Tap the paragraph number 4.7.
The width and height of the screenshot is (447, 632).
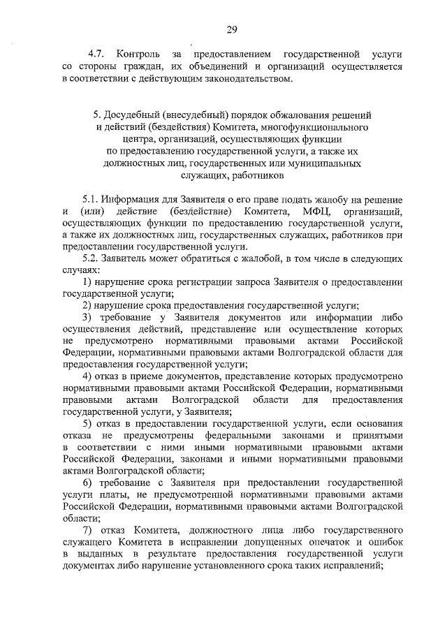click(x=96, y=54)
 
